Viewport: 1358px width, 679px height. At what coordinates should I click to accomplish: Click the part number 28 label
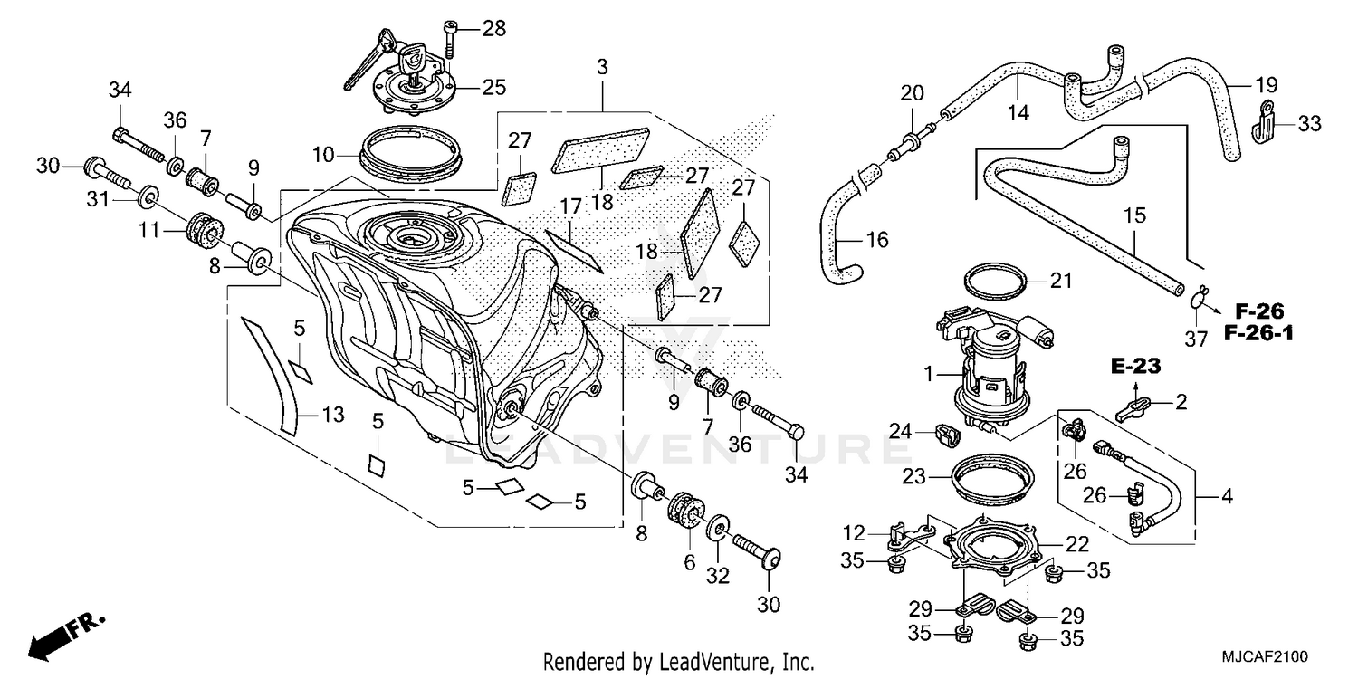pyautogui.click(x=493, y=28)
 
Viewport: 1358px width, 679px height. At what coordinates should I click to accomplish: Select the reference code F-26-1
pyautogui.click(x=1259, y=333)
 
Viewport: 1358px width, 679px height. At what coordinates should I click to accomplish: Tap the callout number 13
pyautogui.click(x=332, y=415)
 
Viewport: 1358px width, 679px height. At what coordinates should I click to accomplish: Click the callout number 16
pyautogui.click(x=876, y=240)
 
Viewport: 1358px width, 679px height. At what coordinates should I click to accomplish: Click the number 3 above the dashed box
pyautogui.click(x=602, y=67)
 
